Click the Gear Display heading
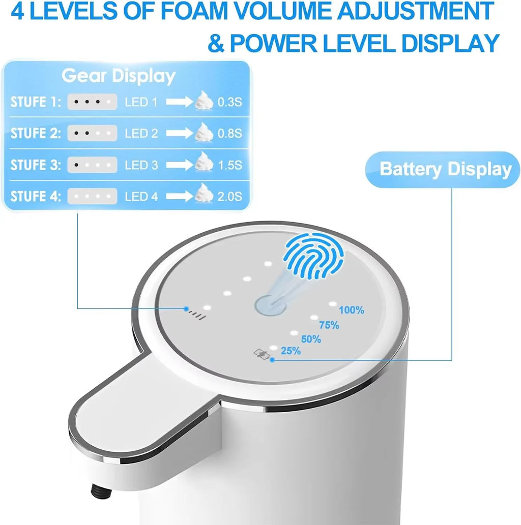[x=119, y=76]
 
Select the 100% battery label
[x=352, y=310]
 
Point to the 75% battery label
[x=329, y=325]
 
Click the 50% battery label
[x=311, y=339]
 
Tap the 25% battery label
[x=291, y=351]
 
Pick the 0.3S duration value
[x=229, y=102]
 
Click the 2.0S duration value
[x=229, y=196]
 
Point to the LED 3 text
[x=141, y=165]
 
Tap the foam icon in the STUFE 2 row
[x=204, y=132]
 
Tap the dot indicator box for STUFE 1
[x=92, y=102]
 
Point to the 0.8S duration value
[x=229, y=134]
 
